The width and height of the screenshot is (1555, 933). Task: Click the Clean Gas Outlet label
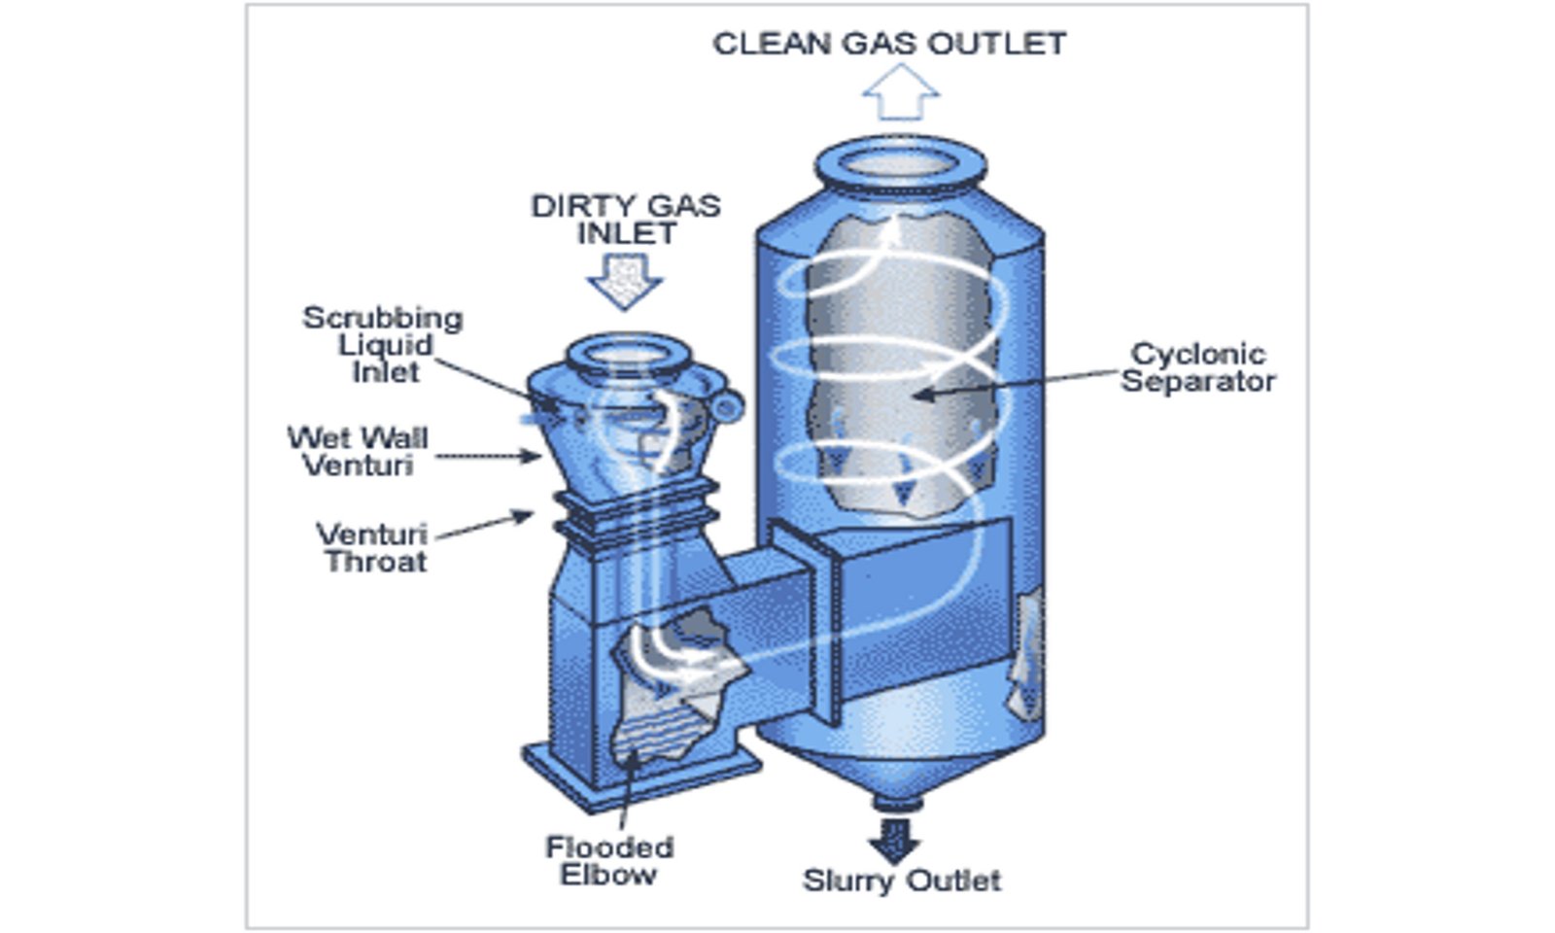click(x=889, y=44)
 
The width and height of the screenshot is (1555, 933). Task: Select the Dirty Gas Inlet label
click(x=625, y=220)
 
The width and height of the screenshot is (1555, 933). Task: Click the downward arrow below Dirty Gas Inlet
click(x=625, y=279)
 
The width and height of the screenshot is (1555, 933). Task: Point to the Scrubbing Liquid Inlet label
click(x=383, y=345)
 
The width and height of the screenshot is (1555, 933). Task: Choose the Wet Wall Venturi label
click(x=358, y=452)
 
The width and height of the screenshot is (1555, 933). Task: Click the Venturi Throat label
click(x=373, y=548)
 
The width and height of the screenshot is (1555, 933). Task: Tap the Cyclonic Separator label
click(x=1198, y=367)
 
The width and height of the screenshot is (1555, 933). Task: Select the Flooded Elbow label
click(x=608, y=860)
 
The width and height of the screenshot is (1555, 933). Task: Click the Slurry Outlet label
click(x=901, y=881)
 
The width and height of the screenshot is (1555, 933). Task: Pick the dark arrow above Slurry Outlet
click(x=894, y=838)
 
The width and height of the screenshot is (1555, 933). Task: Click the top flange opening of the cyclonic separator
click(x=900, y=163)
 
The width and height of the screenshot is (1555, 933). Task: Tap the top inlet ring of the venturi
click(x=628, y=355)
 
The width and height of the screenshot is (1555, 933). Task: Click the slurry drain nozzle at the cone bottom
click(x=896, y=803)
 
